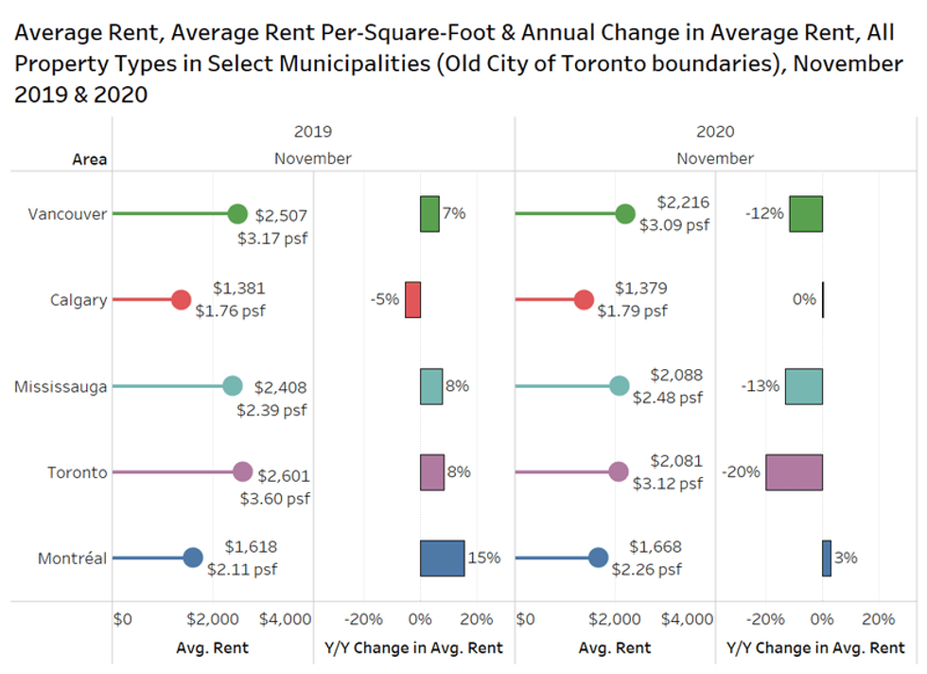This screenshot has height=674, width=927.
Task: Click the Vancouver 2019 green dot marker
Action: pos(237,214)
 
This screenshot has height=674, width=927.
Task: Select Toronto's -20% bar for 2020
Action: pos(794,472)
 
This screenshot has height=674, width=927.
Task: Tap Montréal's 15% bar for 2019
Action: pos(442,559)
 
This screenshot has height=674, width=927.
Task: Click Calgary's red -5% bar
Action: pos(412,299)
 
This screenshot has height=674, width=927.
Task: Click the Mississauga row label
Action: pos(61,386)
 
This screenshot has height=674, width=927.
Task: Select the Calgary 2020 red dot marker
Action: pos(584,301)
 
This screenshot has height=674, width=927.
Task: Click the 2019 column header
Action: pos(313,133)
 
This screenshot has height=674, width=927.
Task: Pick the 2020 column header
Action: pos(715,133)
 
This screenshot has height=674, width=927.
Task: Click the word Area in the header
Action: pos(90,159)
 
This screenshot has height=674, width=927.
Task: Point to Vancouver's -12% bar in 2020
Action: pos(806,214)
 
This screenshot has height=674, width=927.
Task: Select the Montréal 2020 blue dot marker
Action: pos(598,559)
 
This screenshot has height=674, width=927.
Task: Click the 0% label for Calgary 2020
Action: pos(804,299)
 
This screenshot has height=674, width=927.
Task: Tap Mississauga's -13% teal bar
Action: pos(803,386)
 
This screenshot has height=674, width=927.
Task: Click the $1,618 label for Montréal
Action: pos(251,547)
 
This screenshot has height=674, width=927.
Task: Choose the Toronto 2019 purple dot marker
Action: pos(242,472)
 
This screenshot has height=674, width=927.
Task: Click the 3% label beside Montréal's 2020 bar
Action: pos(846,559)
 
